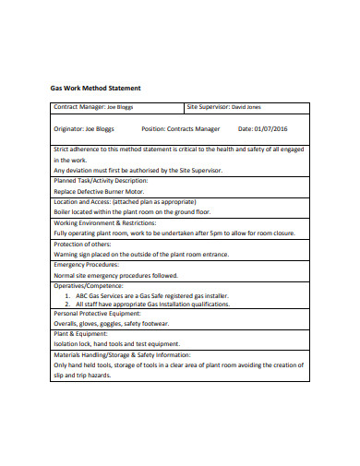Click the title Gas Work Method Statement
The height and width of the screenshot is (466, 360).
coord(95,88)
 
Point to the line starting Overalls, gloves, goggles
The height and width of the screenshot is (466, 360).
coord(111,324)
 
